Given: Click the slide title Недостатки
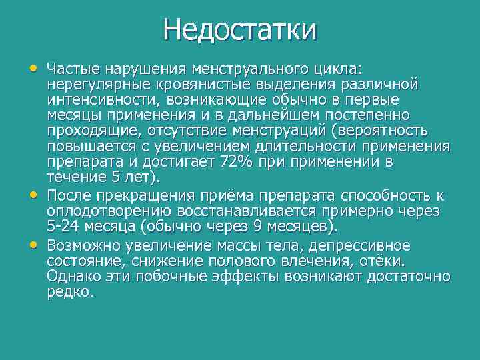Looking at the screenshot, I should [239, 30].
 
